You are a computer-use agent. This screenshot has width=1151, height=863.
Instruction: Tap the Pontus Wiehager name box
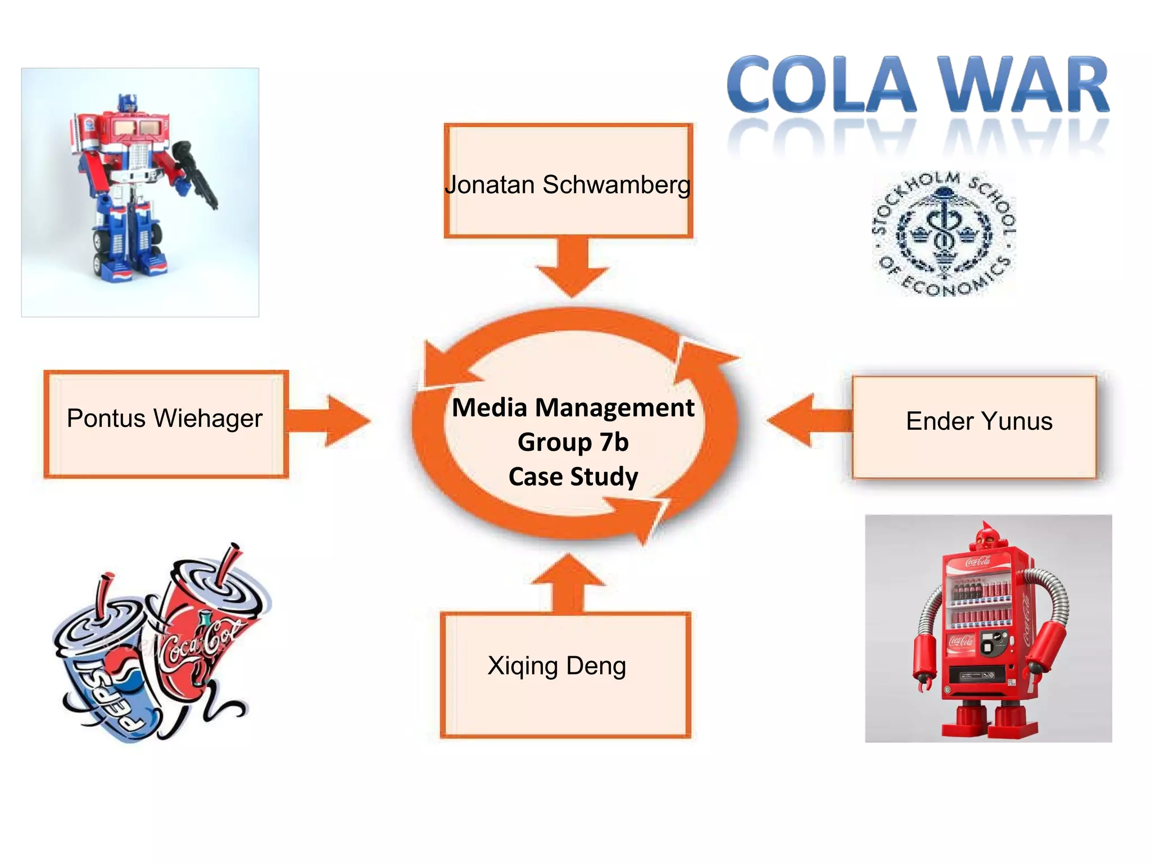pos(166,424)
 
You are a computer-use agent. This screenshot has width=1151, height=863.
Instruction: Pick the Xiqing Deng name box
pos(565,674)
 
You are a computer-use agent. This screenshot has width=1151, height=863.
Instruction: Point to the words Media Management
pos(573,407)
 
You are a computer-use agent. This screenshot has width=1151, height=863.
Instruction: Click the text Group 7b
pos(573,442)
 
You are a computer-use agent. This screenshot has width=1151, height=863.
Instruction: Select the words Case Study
pos(573,476)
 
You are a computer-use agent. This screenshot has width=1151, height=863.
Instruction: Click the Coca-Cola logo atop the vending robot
pos(978,561)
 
